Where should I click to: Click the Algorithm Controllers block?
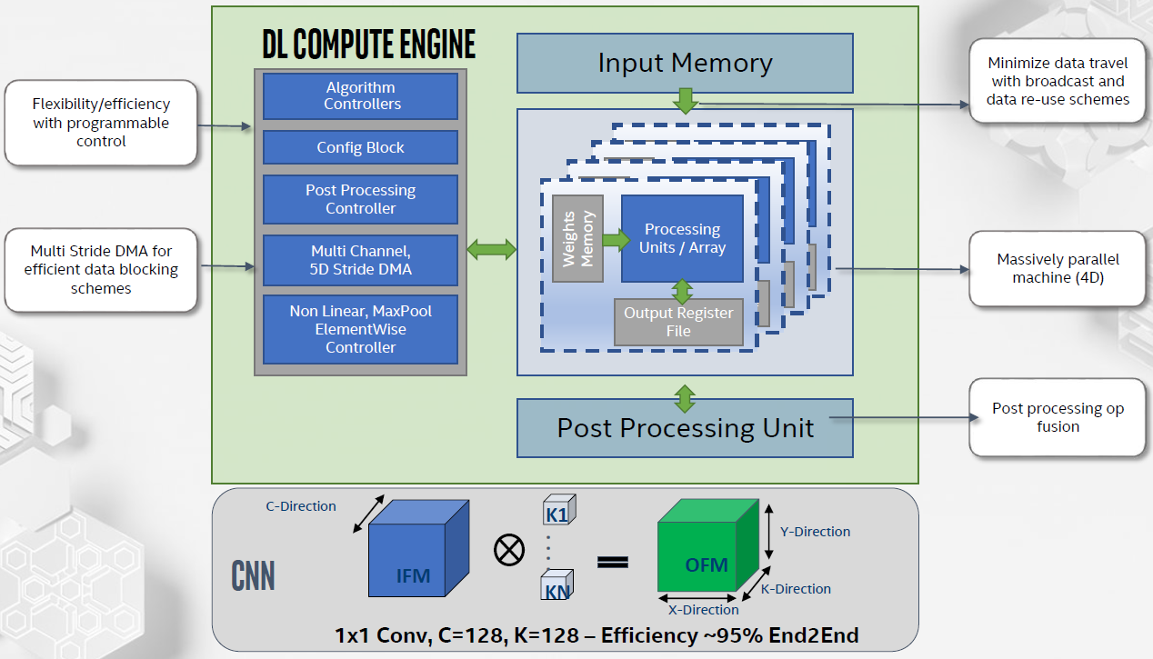360,96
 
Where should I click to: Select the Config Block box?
360,147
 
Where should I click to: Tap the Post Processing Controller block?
360,199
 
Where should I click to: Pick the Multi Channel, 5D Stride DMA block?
360,260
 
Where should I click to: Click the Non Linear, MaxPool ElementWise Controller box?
360,329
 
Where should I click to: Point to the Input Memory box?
685,64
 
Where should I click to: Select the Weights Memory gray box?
577,238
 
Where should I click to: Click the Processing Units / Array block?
682,238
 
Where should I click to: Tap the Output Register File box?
677,323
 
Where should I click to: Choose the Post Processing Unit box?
685,428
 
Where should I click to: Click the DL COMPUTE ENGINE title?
368,45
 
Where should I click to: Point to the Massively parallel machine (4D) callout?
1058,268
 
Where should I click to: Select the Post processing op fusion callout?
1057,417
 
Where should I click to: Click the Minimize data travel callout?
1057,81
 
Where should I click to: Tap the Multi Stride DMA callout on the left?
100,269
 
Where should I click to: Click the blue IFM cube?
417,550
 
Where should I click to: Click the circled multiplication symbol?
507,549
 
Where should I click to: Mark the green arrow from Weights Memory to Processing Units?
615,241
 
